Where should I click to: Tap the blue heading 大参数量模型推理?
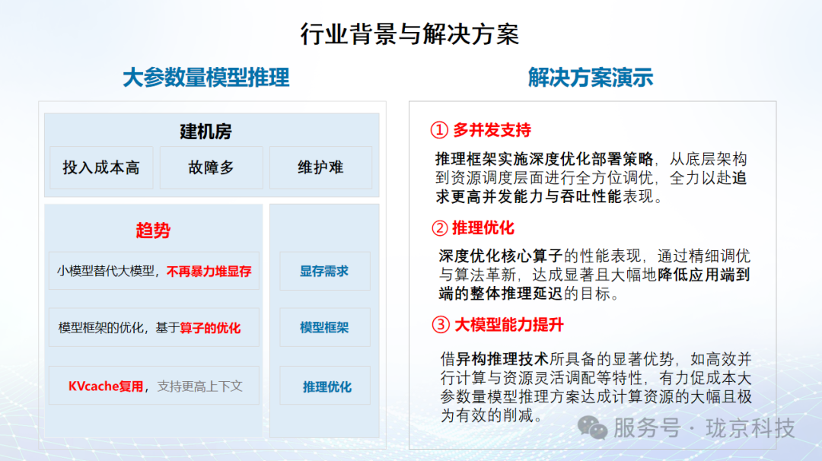click(206, 78)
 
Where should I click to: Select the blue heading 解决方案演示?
click(591, 78)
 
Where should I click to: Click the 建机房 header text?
click(205, 132)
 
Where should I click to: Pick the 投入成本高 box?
click(101, 167)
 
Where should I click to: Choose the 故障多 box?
click(211, 167)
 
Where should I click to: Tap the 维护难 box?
click(320, 167)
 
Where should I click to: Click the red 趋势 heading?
click(153, 231)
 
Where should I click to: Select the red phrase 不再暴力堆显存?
click(209, 271)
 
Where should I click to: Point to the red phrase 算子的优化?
click(210, 328)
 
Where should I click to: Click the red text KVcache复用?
click(106, 386)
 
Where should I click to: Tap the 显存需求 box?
click(324, 271)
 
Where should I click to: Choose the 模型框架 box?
click(324, 328)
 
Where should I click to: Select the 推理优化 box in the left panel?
click(327, 386)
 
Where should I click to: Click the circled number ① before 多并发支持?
click(439, 130)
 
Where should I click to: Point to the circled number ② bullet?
click(439, 227)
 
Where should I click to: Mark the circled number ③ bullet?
click(441, 325)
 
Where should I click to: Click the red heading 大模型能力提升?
click(509, 325)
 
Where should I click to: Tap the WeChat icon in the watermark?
click(592, 428)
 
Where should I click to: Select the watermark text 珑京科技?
click(750, 428)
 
